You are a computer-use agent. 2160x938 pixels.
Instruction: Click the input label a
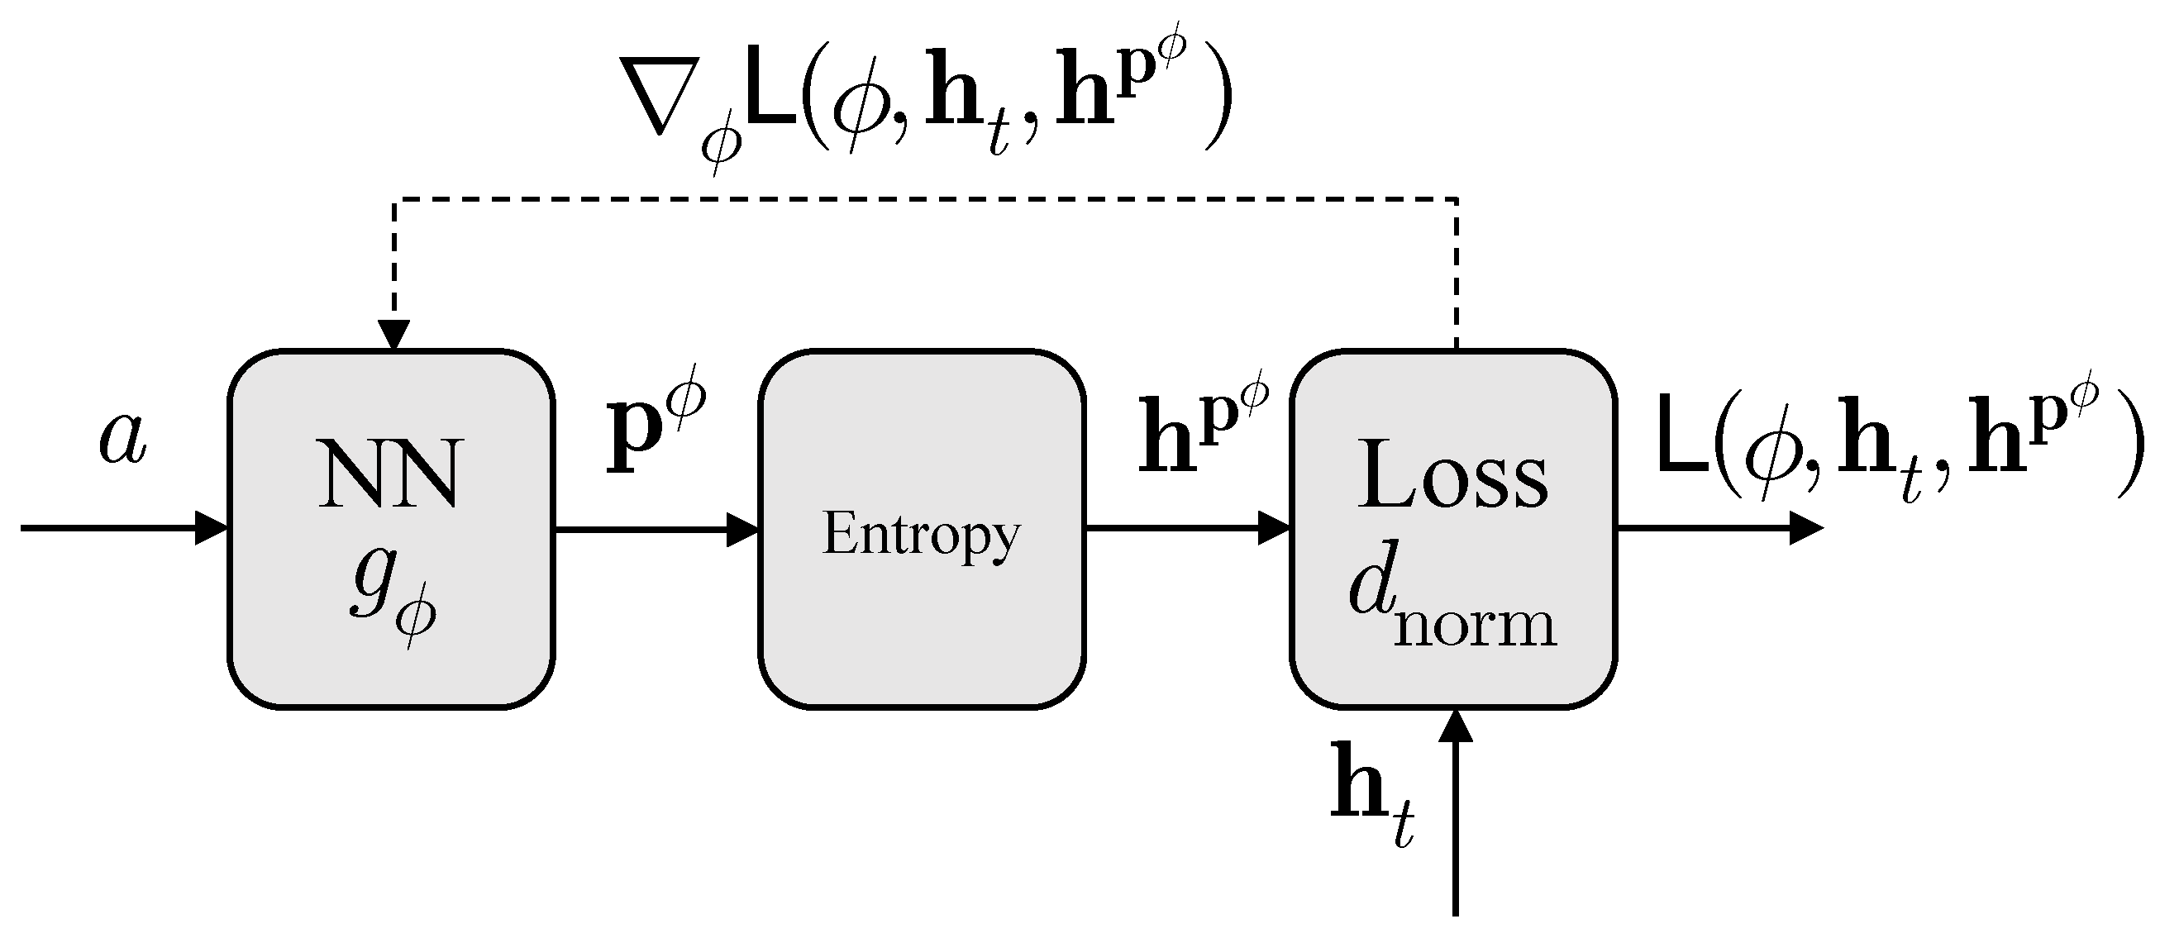(x=123, y=439)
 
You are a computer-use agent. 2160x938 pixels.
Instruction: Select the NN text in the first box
(x=389, y=475)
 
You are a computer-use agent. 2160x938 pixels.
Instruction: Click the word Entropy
(x=921, y=535)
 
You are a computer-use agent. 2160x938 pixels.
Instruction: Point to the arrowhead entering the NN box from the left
(x=211, y=528)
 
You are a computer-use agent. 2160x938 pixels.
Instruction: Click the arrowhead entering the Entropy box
(x=742, y=529)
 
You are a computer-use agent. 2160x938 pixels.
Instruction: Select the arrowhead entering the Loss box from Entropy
(x=1274, y=529)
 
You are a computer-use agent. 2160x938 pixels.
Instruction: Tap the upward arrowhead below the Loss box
(x=1455, y=726)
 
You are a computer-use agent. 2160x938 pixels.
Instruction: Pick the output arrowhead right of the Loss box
(x=1805, y=529)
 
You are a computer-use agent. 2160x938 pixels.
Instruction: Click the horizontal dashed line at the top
(x=923, y=198)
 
